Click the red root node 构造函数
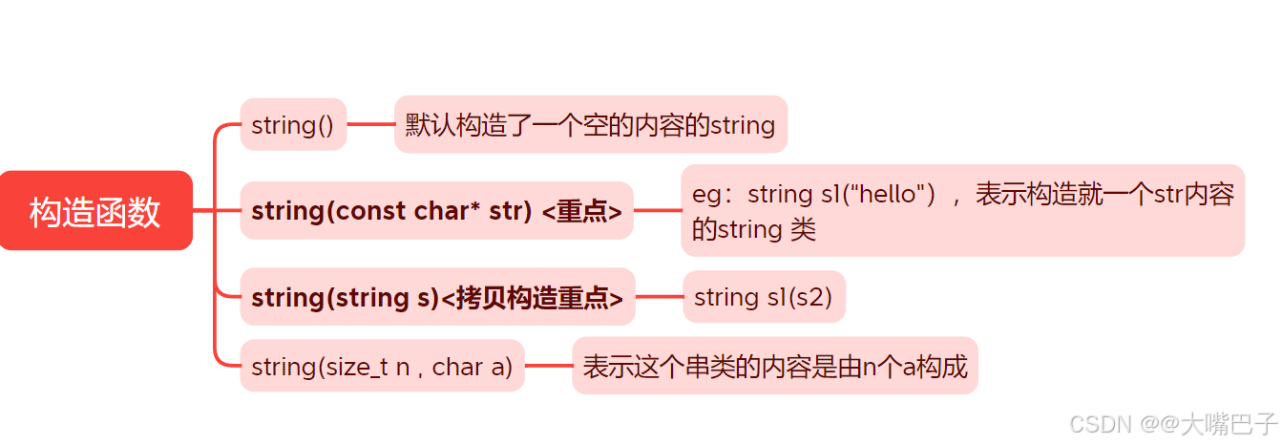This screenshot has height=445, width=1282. [95, 211]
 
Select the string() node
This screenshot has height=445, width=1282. [293, 124]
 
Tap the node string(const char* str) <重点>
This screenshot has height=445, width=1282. [436, 211]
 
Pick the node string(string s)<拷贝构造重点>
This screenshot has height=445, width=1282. [437, 297]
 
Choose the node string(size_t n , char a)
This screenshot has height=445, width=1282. [382, 366]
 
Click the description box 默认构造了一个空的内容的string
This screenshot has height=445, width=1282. [590, 124]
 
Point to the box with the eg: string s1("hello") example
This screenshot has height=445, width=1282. [962, 211]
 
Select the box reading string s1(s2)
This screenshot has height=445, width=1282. [764, 297]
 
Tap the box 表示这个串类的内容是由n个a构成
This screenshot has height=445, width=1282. [775, 366]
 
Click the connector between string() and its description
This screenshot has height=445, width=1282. [370, 124]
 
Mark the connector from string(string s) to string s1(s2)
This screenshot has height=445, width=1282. [659, 297]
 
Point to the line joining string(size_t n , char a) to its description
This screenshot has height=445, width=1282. [548, 366]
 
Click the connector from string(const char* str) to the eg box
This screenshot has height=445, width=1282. [657, 211]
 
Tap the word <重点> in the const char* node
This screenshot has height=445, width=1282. [581, 211]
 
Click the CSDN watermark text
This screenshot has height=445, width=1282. [1100, 424]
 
